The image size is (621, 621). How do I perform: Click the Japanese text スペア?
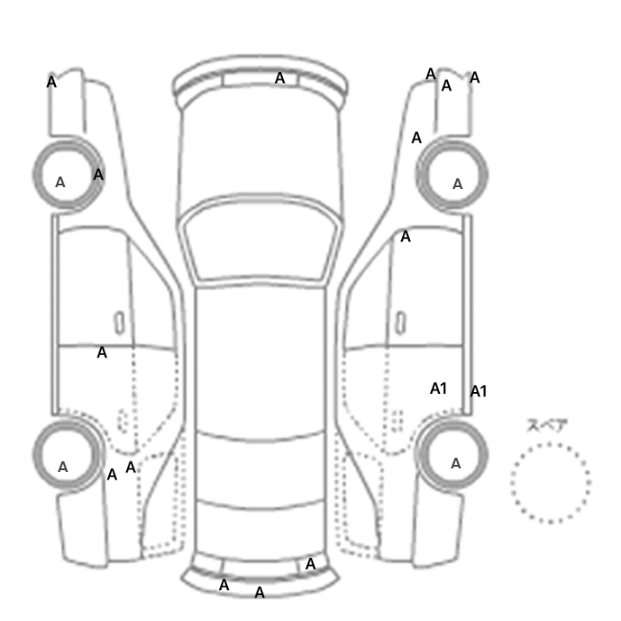547,426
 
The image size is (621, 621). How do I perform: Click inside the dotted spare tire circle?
551,483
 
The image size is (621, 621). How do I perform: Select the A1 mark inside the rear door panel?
438,389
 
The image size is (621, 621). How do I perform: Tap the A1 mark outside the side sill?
478,391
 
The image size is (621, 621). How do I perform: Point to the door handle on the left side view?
119,323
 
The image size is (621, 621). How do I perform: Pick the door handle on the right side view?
401,323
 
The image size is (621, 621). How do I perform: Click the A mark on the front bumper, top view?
279,78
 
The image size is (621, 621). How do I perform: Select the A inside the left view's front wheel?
59,182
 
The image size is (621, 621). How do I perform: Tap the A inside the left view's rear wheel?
63,467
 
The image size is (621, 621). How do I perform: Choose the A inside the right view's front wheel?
458,184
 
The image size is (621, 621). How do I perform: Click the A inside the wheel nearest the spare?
456,463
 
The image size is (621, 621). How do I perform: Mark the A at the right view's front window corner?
405,237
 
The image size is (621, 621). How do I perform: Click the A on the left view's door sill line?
102,352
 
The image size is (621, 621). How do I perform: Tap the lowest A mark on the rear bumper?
259,593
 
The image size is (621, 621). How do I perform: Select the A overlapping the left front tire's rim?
98,174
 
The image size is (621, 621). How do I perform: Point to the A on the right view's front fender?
416,138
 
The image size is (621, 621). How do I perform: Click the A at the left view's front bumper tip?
51,82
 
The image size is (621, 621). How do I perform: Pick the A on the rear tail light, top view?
310,564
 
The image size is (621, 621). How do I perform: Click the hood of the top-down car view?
259,151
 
